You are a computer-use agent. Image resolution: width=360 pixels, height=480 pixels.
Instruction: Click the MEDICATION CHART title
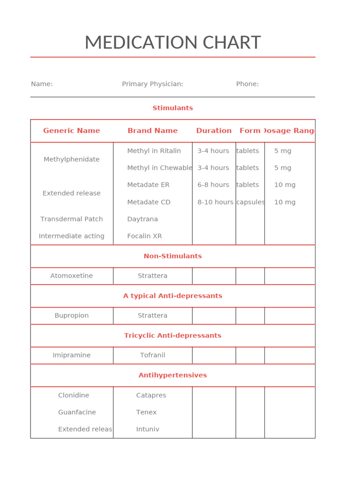(172, 43)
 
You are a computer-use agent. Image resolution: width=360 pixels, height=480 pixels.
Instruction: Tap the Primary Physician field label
(152, 84)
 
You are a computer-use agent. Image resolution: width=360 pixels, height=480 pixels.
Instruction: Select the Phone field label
(247, 84)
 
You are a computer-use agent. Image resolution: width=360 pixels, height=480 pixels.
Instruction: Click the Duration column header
(214, 131)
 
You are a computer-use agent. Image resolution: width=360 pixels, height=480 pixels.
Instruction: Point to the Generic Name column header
(72, 131)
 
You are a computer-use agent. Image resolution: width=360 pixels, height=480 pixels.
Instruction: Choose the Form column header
(250, 131)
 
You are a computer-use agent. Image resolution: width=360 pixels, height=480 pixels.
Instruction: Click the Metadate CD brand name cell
(149, 202)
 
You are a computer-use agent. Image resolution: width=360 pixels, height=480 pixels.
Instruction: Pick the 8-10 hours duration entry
(215, 202)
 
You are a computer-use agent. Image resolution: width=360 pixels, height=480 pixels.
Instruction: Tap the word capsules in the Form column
(250, 202)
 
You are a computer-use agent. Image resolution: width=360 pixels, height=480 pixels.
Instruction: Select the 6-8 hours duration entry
(213, 185)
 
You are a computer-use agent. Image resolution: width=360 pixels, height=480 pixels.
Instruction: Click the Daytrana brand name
(142, 219)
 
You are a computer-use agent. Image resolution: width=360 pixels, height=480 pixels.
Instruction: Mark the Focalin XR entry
(144, 236)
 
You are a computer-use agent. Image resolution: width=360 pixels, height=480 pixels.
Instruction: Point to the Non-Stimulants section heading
(172, 256)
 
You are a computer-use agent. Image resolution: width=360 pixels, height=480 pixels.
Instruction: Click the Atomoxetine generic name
(72, 276)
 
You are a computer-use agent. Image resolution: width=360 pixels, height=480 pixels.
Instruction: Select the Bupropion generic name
(72, 315)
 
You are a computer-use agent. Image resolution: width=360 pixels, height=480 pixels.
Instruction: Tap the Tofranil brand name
(152, 355)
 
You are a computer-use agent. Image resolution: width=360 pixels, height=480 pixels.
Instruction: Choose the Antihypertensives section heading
(172, 375)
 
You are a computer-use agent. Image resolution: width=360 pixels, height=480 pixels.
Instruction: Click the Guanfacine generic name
(77, 412)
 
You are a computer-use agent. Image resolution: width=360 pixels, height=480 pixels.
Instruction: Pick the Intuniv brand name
(148, 429)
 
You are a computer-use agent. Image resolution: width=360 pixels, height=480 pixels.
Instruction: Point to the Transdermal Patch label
(72, 219)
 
